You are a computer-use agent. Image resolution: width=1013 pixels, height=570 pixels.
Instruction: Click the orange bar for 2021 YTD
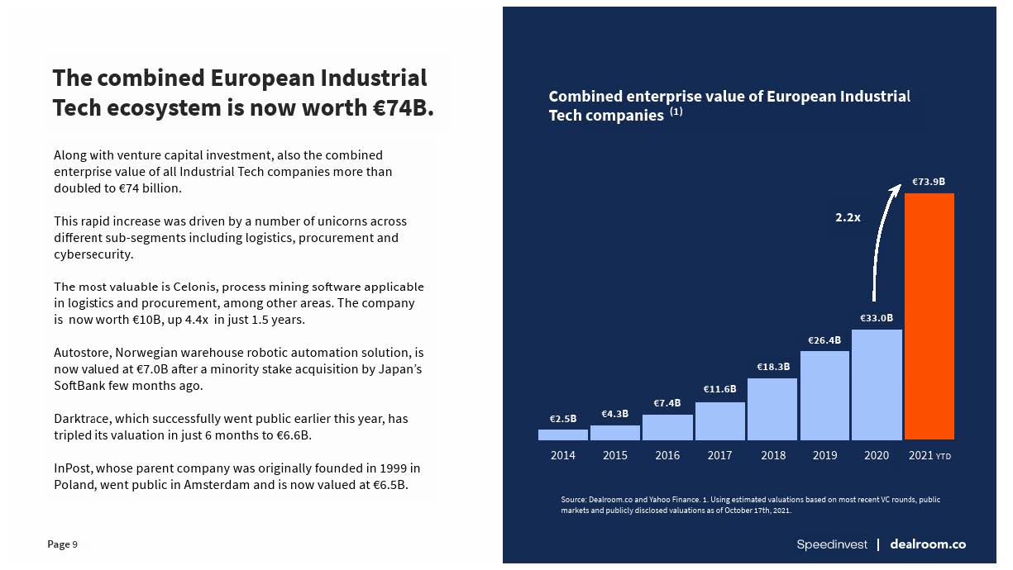click(x=929, y=316)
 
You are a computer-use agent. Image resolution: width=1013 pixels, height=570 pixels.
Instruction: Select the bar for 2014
click(x=562, y=435)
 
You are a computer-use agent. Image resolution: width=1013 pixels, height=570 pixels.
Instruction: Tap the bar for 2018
click(x=772, y=409)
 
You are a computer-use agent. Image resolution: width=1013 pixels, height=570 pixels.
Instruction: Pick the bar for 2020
click(x=877, y=385)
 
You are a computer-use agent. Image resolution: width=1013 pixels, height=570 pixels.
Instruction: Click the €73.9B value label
click(x=929, y=182)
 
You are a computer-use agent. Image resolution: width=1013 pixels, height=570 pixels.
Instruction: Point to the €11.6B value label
click(x=719, y=389)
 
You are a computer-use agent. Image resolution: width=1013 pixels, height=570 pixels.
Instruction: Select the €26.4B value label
click(x=824, y=340)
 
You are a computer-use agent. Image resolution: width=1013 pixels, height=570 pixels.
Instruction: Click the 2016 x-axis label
click(x=667, y=455)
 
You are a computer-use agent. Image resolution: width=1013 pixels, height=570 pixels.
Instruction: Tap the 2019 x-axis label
click(x=824, y=455)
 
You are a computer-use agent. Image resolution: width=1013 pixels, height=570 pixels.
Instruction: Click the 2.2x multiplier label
click(x=848, y=218)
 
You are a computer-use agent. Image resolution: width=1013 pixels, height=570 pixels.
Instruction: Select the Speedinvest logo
click(x=832, y=544)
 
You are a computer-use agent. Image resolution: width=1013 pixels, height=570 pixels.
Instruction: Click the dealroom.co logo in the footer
click(x=928, y=544)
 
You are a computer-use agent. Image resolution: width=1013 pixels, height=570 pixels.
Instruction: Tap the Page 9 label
click(x=63, y=544)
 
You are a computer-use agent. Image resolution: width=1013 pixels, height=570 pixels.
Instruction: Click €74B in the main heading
click(x=403, y=108)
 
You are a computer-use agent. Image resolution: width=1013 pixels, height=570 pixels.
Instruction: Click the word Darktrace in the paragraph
click(x=84, y=419)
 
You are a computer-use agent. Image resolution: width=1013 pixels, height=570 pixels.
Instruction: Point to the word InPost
click(x=72, y=468)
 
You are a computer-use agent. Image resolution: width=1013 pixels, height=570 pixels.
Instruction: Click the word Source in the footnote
click(x=573, y=500)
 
